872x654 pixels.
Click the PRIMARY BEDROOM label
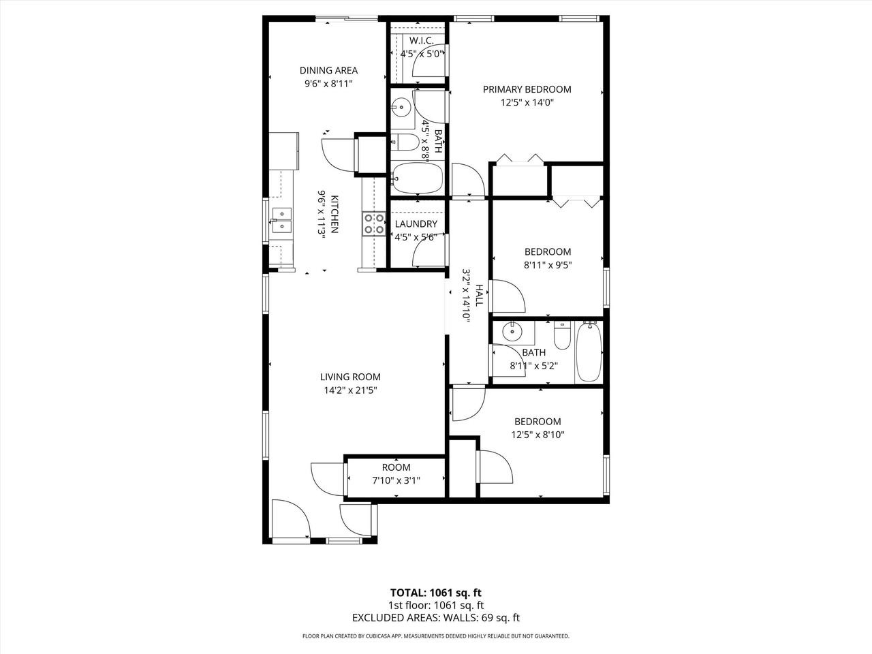527,89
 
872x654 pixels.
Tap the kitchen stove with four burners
373,224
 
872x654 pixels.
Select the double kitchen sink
281,220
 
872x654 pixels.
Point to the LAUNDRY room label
416,224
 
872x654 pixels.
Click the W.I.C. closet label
421,40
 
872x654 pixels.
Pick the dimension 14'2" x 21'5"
350,390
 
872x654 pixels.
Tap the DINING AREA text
328,70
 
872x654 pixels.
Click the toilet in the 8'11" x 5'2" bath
562,336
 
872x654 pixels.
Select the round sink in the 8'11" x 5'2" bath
512,330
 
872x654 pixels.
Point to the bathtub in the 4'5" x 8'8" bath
417,177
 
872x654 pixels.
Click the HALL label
480,295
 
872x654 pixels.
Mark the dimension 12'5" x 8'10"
538,435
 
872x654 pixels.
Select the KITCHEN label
334,214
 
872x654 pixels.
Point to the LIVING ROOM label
350,377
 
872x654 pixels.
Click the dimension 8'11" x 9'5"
548,265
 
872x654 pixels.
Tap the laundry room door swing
429,251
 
